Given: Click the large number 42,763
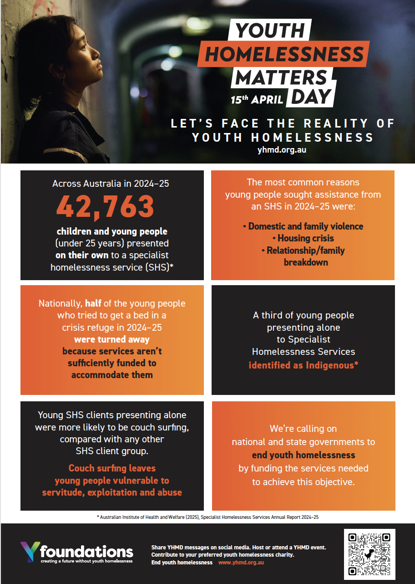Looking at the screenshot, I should click(x=105, y=206).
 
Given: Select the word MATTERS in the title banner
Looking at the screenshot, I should click(x=282, y=77).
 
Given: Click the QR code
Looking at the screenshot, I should click(x=369, y=553).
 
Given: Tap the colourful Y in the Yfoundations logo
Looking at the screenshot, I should click(x=30, y=552).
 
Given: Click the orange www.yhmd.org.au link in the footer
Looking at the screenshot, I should click(x=241, y=563).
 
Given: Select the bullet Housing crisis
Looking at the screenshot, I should click(x=305, y=238).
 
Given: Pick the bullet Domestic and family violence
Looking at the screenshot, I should click(x=303, y=226).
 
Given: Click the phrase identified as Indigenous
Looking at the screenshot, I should click(x=303, y=365).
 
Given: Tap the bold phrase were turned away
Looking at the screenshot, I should click(x=112, y=339).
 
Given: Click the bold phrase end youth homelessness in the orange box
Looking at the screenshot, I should click(x=304, y=455).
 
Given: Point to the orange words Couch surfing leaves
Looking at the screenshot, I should click(x=112, y=468).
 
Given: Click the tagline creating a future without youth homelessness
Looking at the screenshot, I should click(x=86, y=561).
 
